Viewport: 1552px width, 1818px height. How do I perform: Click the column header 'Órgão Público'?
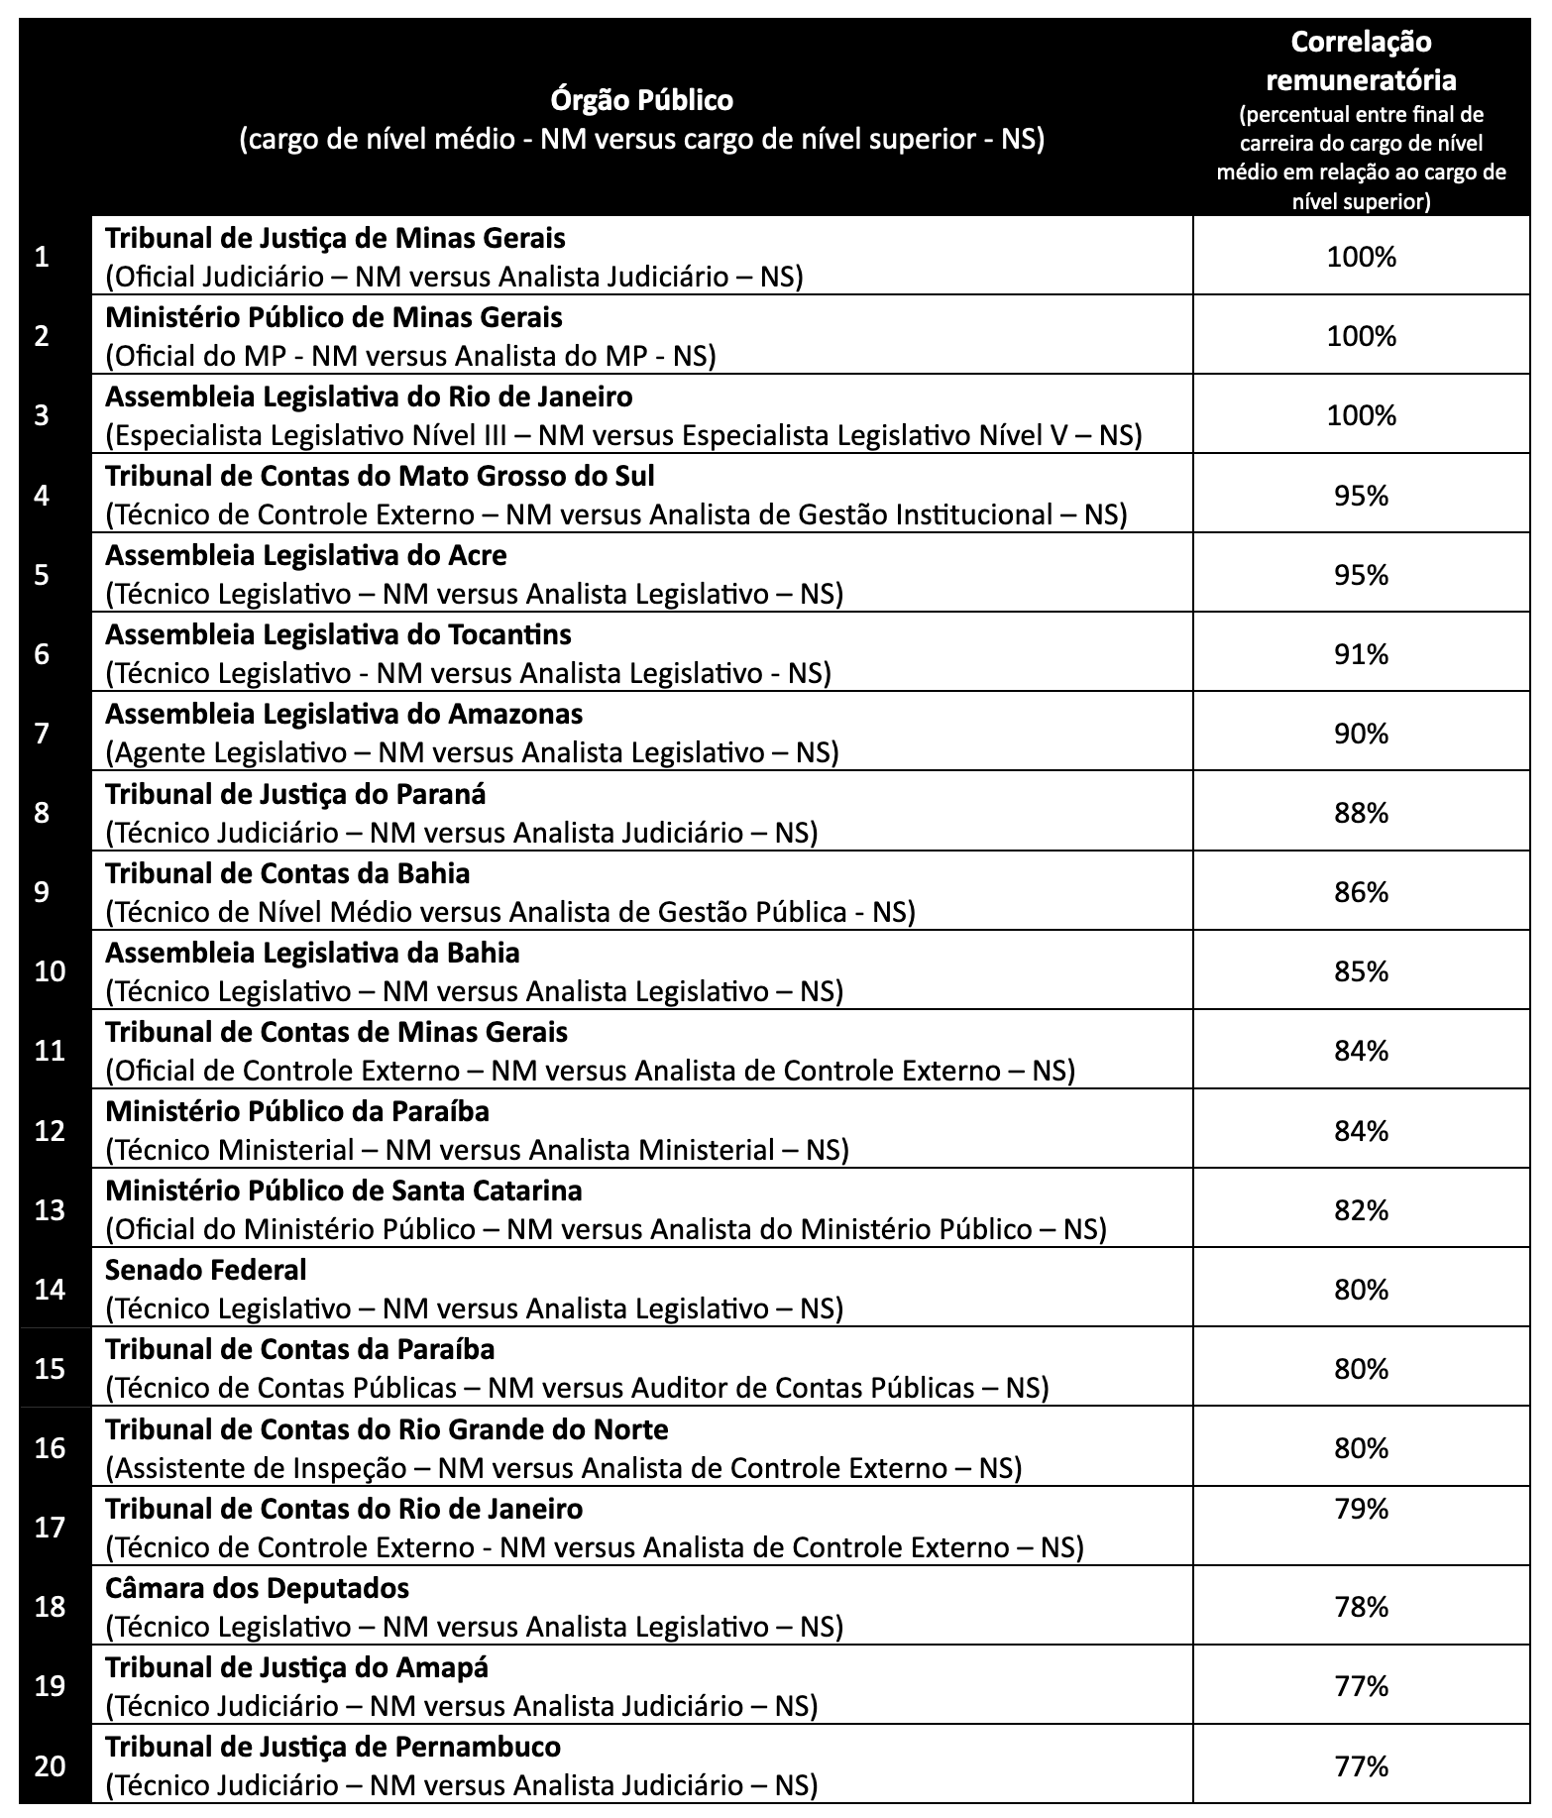[x=641, y=100]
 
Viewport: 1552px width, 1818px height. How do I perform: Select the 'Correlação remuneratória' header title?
[x=1361, y=60]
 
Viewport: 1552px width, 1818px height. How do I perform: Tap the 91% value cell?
[x=1361, y=654]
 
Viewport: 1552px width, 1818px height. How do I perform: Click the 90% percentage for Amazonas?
[x=1361, y=734]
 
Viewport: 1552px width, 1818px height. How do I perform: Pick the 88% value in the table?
[x=1361, y=813]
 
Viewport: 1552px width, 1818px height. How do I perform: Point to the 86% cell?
[x=1361, y=892]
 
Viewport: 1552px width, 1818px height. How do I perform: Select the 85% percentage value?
[x=1361, y=971]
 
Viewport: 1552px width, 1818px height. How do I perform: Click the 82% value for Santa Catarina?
[x=1361, y=1210]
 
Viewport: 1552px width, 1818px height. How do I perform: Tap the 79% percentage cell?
[x=1361, y=1509]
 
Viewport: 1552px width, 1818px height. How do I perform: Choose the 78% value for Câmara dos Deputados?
[x=1361, y=1607]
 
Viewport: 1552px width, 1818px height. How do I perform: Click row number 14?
[x=50, y=1289]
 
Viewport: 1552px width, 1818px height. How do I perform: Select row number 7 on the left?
[x=42, y=734]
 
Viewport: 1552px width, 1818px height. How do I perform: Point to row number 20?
[x=50, y=1766]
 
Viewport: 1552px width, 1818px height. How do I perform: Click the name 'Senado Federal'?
[x=206, y=1270]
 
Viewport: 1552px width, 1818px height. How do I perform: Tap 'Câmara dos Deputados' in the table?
[x=257, y=1588]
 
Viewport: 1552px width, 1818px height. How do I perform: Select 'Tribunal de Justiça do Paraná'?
[x=295, y=794]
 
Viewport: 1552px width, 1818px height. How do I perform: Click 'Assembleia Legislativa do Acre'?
[x=305, y=555]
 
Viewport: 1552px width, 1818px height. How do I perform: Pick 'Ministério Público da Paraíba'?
[x=297, y=1111]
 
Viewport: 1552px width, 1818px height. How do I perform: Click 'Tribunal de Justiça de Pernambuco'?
[x=333, y=1747]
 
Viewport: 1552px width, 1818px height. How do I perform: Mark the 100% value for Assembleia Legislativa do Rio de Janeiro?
[x=1361, y=415]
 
